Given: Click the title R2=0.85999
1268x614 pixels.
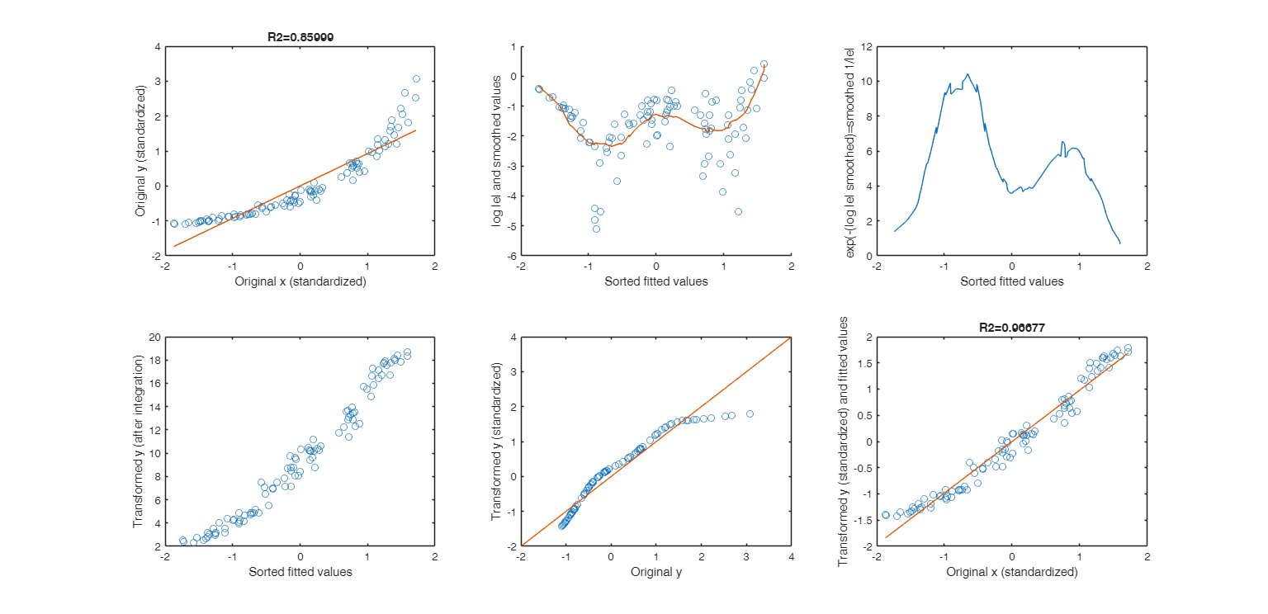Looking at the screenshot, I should coord(300,37).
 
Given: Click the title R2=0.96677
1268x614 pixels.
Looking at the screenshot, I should coord(1012,328).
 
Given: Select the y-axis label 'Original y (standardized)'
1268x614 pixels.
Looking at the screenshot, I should coord(141,151).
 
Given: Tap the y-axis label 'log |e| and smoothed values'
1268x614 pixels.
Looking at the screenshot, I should coord(497,151).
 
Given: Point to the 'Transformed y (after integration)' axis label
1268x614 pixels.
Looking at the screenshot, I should coord(138,442).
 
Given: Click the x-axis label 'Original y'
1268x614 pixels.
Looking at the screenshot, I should coord(655,571).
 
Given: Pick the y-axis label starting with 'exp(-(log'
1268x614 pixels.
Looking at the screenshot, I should coord(850,151).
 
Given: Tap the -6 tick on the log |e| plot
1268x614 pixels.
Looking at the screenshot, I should coord(512,256).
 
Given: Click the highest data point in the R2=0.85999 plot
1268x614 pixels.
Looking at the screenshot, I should coord(416,79).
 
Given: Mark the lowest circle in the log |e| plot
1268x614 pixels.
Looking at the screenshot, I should coord(596,229).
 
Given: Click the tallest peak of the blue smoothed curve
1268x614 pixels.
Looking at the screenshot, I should coord(967,74).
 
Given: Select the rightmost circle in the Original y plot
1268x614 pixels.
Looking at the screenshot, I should coord(750,413).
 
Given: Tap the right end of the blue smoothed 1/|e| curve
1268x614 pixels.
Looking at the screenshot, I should coord(1120,243).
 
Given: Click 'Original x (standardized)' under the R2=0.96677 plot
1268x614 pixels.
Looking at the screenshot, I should coord(1012,571).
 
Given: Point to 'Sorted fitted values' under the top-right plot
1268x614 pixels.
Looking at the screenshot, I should coord(1012,281).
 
